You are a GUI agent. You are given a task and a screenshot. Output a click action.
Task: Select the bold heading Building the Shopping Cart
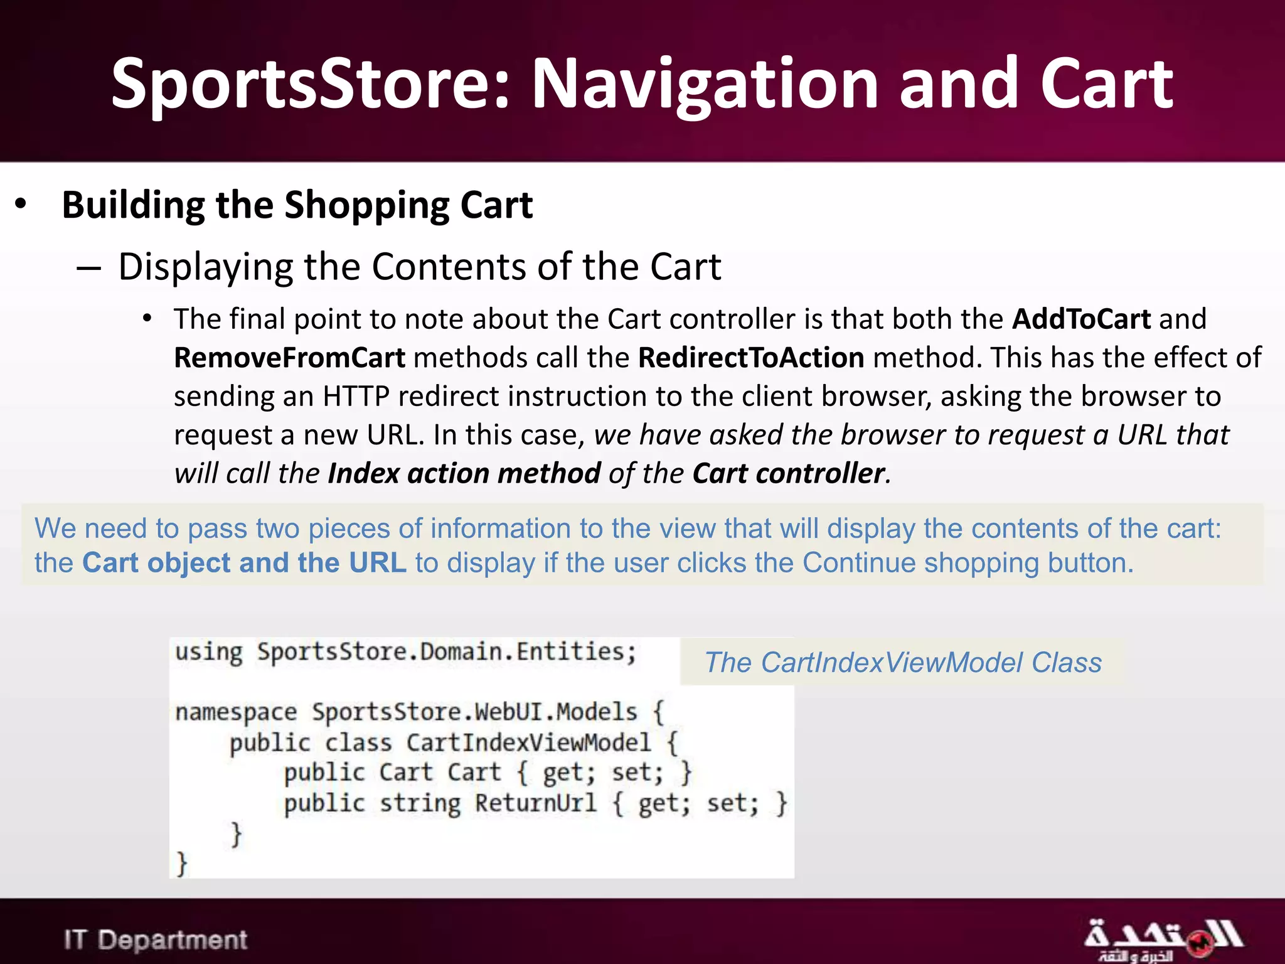coord(297,205)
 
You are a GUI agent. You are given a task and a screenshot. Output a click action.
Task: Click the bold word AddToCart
coord(1081,319)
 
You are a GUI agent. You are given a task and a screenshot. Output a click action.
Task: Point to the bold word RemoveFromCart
coord(289,358)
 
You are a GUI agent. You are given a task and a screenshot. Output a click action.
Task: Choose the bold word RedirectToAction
coord(751,358)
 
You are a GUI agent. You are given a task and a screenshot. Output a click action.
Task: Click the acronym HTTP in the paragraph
coord(356,397)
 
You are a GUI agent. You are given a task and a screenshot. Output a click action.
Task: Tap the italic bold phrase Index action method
coord(464,474)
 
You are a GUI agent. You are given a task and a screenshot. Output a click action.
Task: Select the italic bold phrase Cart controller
coord(788,474)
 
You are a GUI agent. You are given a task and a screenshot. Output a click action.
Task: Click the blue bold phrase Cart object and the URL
coord(245,563)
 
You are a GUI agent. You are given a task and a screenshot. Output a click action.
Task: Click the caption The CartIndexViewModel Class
coord(903,663)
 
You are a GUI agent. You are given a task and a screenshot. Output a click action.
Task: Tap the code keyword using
coord(208,653)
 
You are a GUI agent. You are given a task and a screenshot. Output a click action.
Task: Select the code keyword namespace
coord(236,712)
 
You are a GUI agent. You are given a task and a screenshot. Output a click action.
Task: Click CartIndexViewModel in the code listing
coord(528,743)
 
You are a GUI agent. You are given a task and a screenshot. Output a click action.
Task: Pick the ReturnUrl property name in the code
coord(535,803)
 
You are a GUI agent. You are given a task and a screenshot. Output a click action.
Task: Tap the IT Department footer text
coord(156,940)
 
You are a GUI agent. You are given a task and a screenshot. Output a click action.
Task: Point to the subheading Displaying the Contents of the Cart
coord(419,267)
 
